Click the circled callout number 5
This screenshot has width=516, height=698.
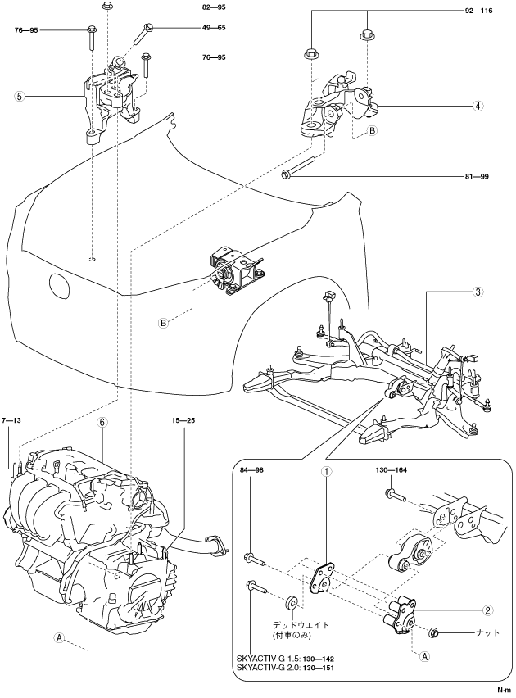[x=19, y=96]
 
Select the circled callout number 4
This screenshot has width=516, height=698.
[x=478, y=106]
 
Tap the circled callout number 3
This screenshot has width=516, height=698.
[x=478, y=292]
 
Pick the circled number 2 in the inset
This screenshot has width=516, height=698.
[x=487, y=610]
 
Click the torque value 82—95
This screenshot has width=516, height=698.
[x=214, y=7]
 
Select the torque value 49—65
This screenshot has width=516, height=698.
[x=214, y=28]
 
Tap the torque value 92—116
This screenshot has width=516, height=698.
[x=478, y=11]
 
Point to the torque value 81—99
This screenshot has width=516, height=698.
[x=477, y=177]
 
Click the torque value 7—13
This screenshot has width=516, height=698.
[x=11, y=420]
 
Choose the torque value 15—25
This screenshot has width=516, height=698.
[x=183, y=420]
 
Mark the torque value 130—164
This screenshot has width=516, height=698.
[x=391, y=470]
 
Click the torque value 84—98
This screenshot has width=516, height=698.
[x=252, y=470]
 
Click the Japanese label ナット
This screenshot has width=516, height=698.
[x=488, y=632]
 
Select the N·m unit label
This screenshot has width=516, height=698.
[x=505, y=690]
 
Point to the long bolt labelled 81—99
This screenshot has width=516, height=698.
[x=299, y=165]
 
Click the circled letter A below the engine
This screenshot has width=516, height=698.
[x=59, y=637]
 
